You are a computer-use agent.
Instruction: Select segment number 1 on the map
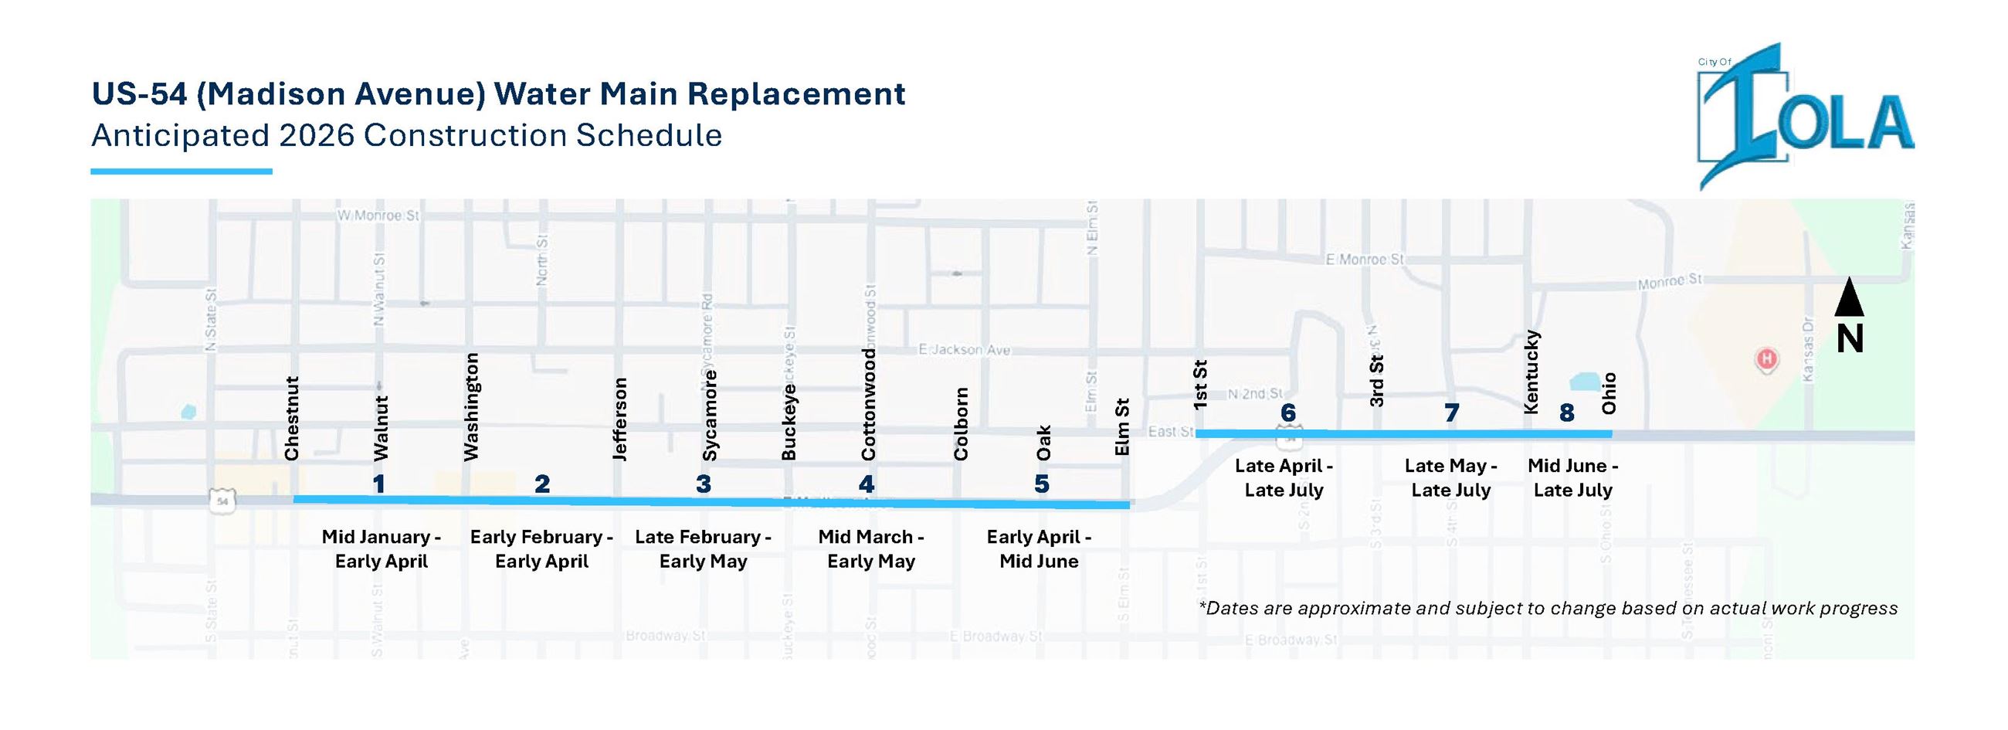pos(379,484)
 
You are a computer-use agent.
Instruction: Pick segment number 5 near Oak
pos(1041,484)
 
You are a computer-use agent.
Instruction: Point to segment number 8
pos(1566,413)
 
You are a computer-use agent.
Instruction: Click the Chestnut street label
pos(291,419)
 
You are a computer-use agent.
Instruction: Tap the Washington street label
pos(471,406)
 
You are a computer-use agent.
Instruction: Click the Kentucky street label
pos(1531,372)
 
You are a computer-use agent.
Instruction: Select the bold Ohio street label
pos(1609,393)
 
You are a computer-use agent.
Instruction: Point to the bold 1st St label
pos(1200,385)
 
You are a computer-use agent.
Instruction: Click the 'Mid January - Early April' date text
pos(382,549)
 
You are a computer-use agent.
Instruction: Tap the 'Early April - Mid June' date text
pos(1039,549)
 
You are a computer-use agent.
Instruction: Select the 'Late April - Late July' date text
pos(1284,478)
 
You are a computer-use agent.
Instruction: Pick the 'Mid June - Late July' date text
pos(1573,478)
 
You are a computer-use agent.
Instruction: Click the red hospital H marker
pos(1766,359)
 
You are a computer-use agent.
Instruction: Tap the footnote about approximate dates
pos(1547,609)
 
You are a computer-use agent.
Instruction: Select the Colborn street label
pos(960,423)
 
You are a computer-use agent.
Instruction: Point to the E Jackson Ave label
pos(965,349)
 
